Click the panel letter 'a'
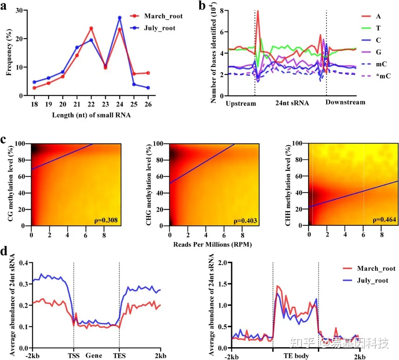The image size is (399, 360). pyautogui.click(x=6, y=7)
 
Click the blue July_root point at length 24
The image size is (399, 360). pyautogui.click(x=120, y=18)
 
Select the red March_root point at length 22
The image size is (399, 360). pyautogui.click(x=91, y=28)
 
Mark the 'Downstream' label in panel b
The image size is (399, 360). pyautogui.click(x=346, y=103)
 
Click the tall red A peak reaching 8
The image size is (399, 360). pyautogui.click(x=258, y=11)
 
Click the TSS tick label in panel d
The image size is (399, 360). pyautogui.click(x=74, y=356)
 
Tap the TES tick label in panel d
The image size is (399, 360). pyautogui.click(x=119, y=356)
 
